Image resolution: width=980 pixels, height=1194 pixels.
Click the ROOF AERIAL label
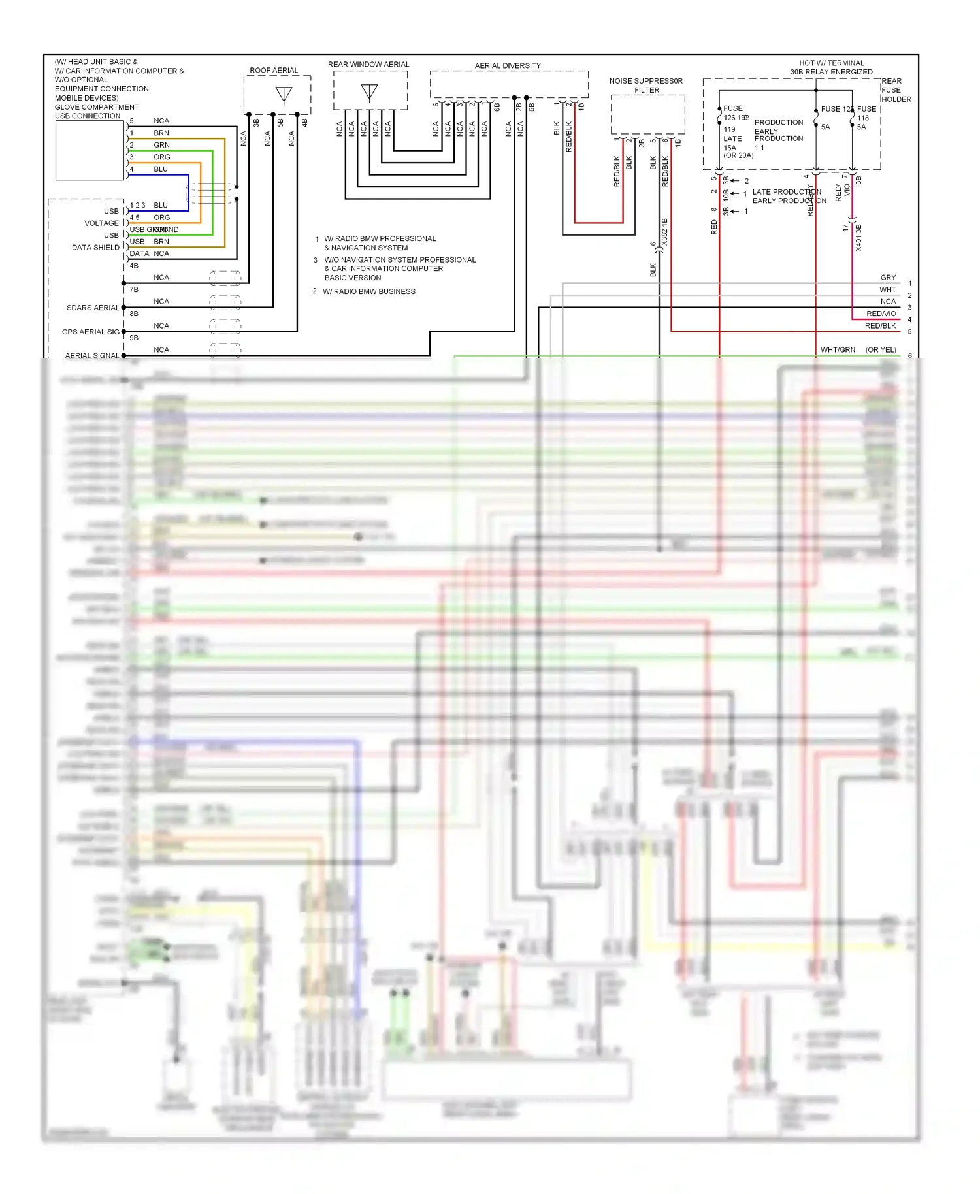[x=273, y=70]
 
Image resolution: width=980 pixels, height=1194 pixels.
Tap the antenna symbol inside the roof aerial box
[x=284, y=95]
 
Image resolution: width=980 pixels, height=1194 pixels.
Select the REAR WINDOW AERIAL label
[x=368, y=64]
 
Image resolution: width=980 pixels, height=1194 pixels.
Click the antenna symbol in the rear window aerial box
[x=369, y=93]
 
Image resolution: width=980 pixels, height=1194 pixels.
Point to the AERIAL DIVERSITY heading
[x=508, y=65]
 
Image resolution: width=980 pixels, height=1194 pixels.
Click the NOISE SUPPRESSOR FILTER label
[x=646, y=86]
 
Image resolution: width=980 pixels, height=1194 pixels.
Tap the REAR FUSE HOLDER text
[x=896, y=90]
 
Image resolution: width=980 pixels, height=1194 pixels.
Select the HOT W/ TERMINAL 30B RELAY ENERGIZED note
[x=831, y=67]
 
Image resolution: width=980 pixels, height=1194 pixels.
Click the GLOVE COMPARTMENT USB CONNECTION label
[x=96, y=111]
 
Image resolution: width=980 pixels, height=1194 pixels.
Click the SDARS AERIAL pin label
[x=93, y=308]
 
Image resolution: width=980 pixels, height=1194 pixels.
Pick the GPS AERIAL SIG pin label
[x=91, y=332]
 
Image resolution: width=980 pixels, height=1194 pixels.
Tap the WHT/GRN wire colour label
[x=838, y=350]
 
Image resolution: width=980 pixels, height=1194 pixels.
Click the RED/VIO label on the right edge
[x=881, y=314]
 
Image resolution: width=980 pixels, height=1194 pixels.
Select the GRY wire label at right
[x=888, y=278]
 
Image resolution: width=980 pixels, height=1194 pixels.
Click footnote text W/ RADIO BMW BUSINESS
[x=369, y=291]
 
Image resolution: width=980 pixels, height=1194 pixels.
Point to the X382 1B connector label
[x=664, y=233]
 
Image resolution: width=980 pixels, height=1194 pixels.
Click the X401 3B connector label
[x=858, y=238]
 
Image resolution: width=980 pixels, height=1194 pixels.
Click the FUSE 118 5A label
[x=865, y=118]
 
